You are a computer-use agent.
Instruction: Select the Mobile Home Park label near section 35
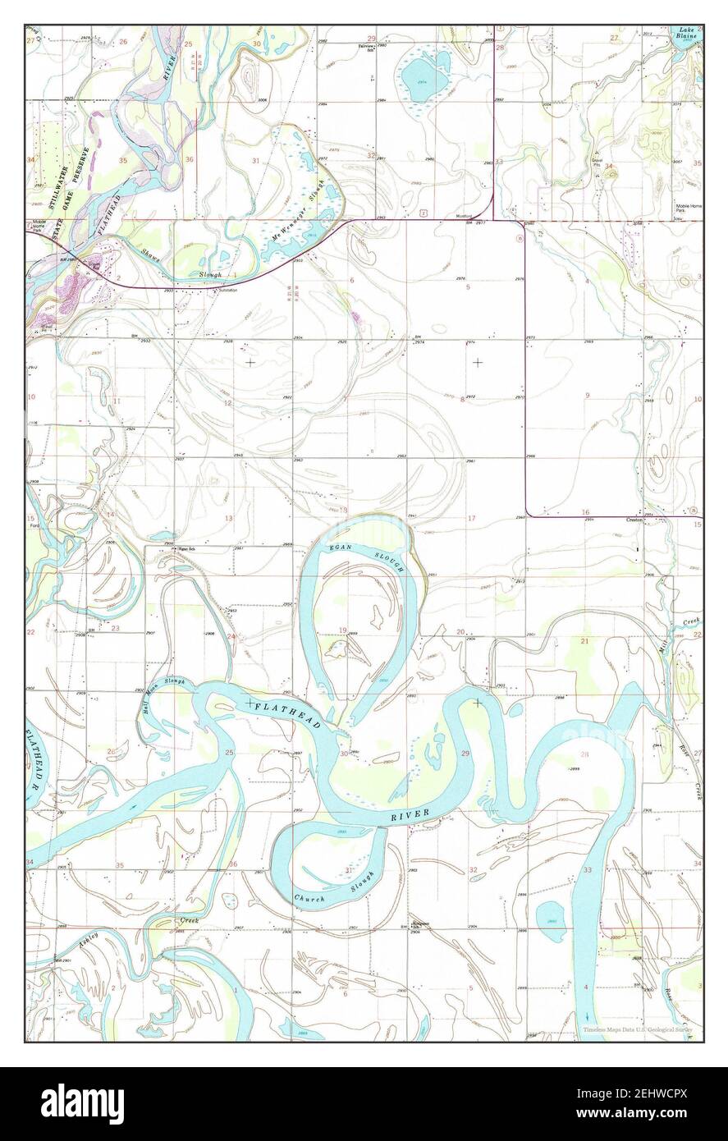tap(686, 209)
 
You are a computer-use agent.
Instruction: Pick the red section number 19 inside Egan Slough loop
tap(342, 630)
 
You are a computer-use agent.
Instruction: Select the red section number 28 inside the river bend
tap(584, 754)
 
